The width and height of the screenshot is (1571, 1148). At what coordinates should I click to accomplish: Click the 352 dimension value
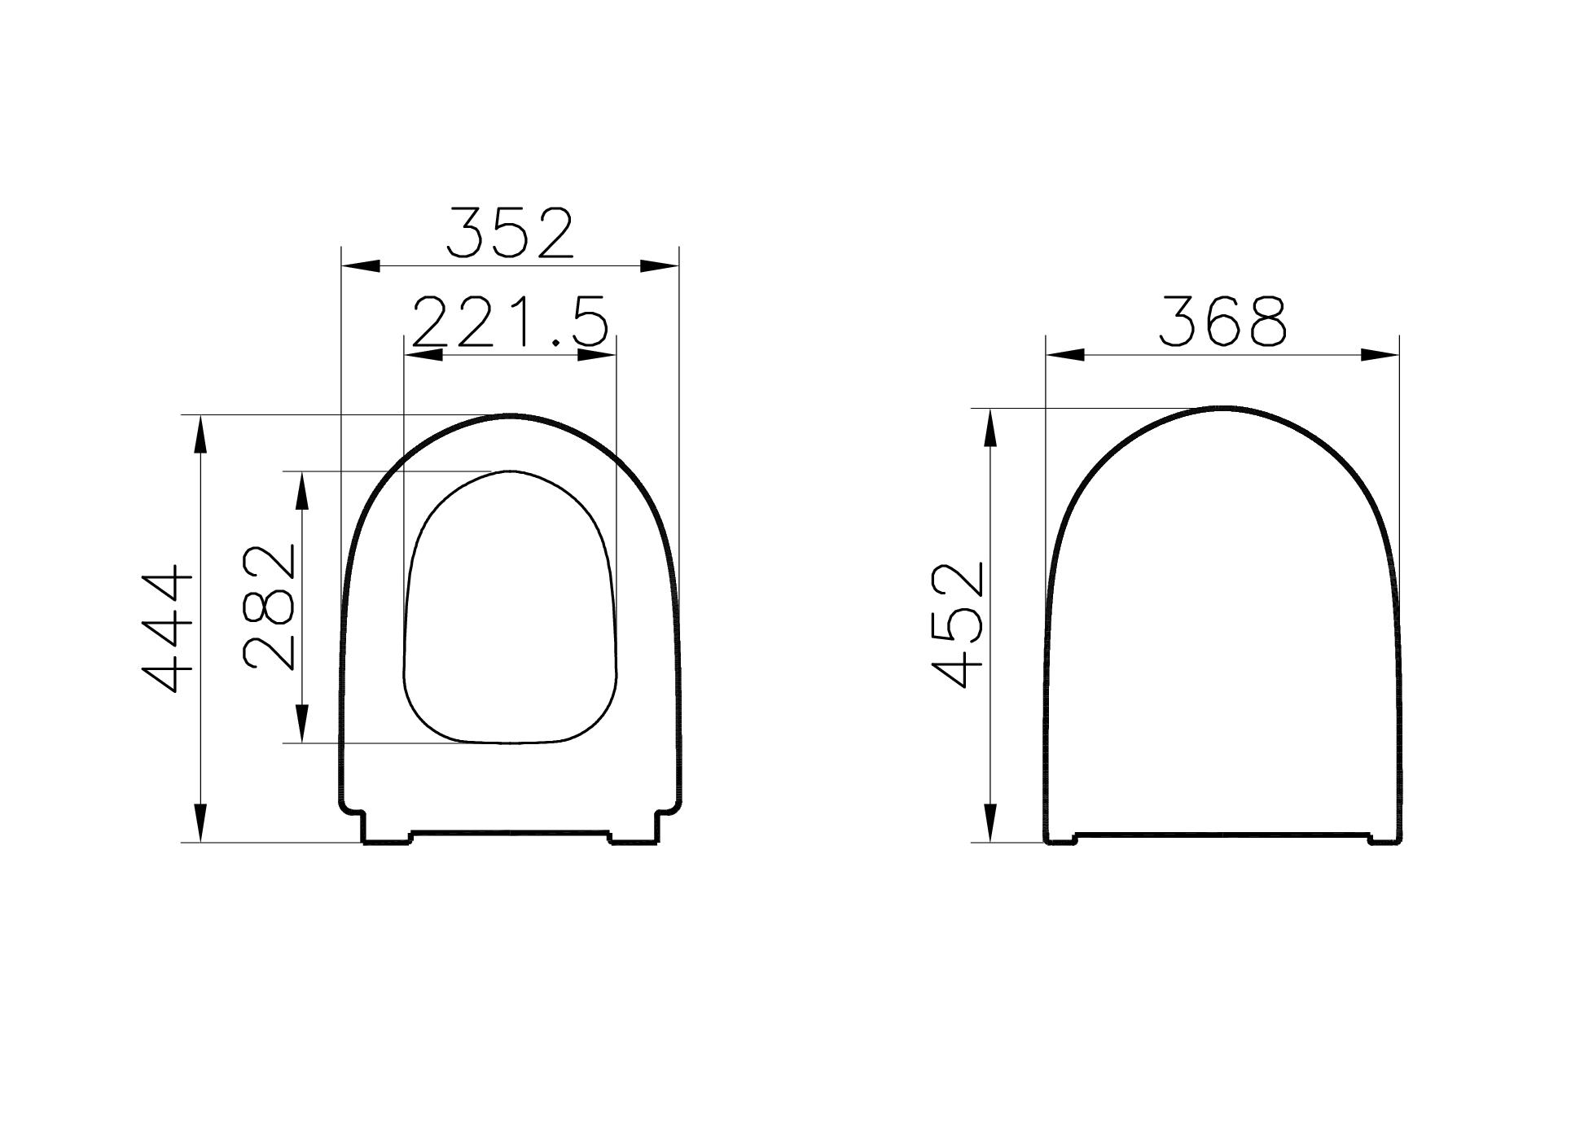(x=511, y=234)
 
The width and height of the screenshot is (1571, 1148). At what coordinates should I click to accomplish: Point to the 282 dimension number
(x=270, y=607)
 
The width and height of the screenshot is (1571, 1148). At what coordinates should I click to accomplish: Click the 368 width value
(x=1222, y=322)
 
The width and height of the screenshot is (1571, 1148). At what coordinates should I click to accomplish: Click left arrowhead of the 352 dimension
(x=361, y=266)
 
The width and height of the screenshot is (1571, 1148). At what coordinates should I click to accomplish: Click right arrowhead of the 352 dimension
(x=660, y=266)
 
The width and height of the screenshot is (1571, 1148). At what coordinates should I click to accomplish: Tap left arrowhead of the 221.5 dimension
(x=423, y=355)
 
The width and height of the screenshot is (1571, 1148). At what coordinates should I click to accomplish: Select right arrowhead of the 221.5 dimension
(x=597, y=355)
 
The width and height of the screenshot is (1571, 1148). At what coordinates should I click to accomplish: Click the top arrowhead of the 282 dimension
(x=302, y=491)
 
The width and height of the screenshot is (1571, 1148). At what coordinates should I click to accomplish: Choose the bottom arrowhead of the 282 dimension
(x=302, y=724)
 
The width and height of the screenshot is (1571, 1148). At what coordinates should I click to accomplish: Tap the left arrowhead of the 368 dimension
(x=1066, y=355)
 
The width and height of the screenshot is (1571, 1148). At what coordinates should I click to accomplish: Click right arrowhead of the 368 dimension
(x=1380, y=355)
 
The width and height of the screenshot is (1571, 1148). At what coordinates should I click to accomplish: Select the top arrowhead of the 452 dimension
(x=990, y=427)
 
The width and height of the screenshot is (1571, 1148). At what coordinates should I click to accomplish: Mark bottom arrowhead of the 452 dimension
(x=990, y=823)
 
